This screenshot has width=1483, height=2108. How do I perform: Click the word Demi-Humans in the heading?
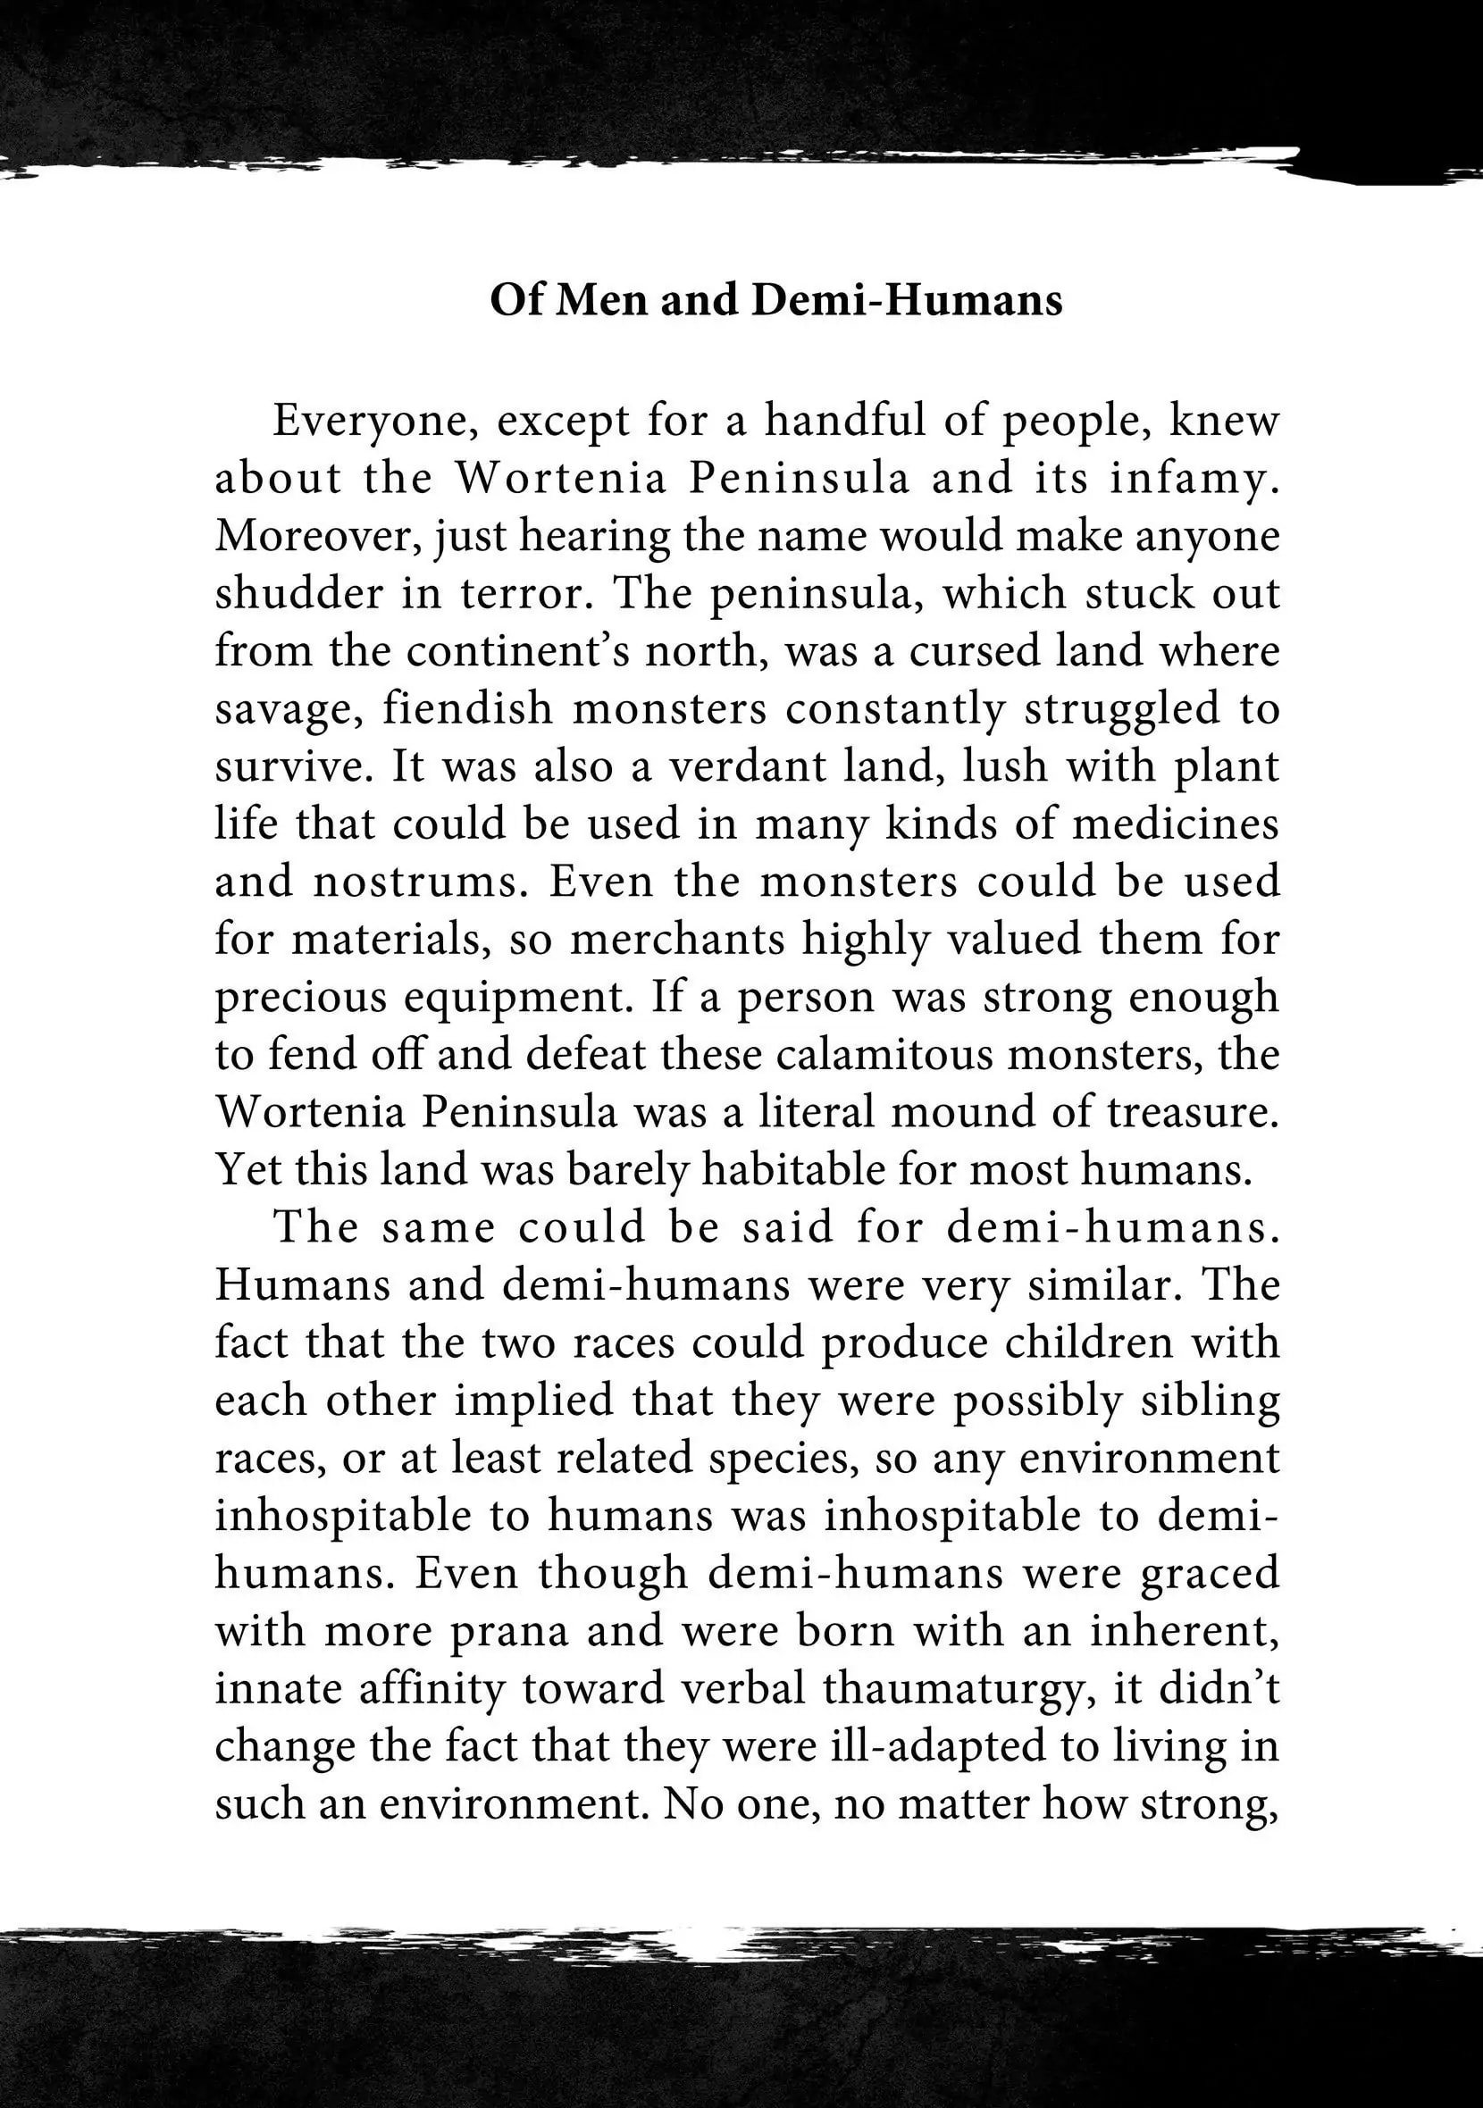[907, 300]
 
